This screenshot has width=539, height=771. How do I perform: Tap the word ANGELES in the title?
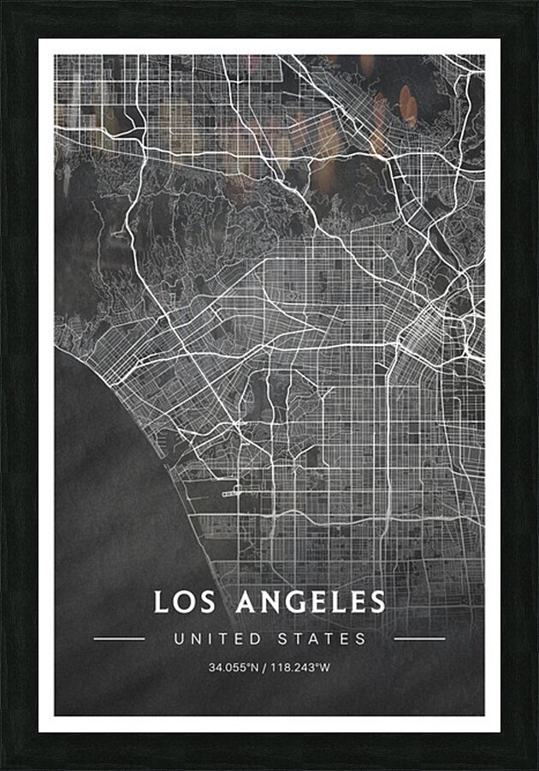tap(311, 601)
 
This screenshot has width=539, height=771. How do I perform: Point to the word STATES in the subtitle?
tap(322, 639)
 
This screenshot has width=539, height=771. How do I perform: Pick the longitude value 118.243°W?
tap(300, 666)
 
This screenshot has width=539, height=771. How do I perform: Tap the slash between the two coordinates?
tap(265, 666)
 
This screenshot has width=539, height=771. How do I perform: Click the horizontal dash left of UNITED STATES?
tap(119, 638)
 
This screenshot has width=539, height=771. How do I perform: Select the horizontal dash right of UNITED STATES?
tap(419, 638)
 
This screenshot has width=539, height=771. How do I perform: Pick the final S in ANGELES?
tap(378, 601)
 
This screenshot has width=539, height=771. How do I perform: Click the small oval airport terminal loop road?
tap(231, 493)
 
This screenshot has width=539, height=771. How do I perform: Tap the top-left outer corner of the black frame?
tap(1, 1)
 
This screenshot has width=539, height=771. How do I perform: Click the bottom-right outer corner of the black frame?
tap(537, 769)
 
